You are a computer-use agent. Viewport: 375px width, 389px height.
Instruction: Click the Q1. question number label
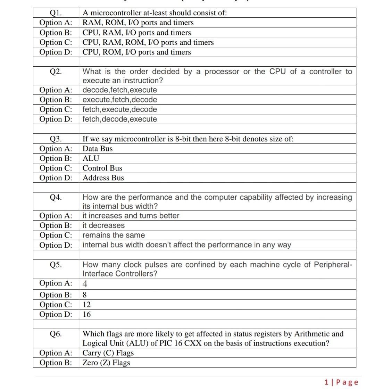click(56, 13)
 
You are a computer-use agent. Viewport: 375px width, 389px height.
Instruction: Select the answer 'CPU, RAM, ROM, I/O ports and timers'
click(148, 42)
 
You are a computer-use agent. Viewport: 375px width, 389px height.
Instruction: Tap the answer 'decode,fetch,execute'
click(119, 90)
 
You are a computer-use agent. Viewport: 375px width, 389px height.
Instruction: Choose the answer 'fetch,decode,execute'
click(119, 119)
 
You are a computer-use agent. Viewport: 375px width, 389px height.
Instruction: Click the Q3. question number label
click(56, 139)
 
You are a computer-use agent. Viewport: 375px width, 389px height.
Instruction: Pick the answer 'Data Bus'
click(98, 149)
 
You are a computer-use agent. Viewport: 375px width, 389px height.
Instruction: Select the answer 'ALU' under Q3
click(91, 158)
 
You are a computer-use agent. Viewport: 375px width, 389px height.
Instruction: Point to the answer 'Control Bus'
click(102, 168)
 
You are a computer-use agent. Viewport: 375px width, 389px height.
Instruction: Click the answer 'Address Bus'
click(103, 178)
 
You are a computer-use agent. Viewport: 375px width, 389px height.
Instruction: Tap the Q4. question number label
click(56, 197)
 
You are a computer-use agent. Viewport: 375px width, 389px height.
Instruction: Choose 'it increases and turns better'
click(131, 216)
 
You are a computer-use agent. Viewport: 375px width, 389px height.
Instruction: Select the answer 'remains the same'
click(114, 235)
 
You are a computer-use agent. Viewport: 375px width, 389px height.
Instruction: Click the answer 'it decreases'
click(103, 225)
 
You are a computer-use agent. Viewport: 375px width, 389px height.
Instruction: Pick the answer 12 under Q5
click(87, 305)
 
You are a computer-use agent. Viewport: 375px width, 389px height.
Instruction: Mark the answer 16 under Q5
click(87, 314)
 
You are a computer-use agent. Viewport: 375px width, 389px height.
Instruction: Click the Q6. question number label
click(56, 334)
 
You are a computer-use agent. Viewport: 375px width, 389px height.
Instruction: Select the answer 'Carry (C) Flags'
click(108, 353)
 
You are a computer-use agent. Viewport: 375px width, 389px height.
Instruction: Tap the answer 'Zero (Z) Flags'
click(106, 363)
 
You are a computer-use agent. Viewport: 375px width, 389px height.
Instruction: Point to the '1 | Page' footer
click(341, 382)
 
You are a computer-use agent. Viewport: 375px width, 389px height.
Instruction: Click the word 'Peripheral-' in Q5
click(333, 265)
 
